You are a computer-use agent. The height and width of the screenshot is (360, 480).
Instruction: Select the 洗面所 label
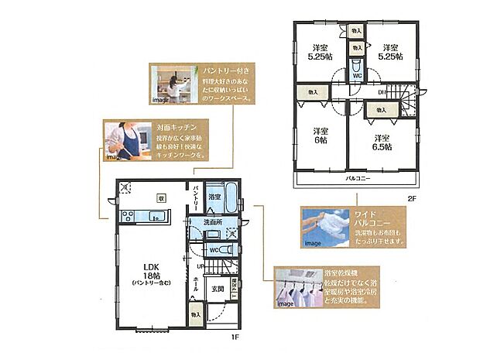pyautogui.click(x=213, y=223)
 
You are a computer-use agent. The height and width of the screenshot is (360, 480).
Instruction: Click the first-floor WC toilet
pyautogui.click(x=225, y=250)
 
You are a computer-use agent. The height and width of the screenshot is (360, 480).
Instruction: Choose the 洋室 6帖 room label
pyautogui.click(x=321, y=135)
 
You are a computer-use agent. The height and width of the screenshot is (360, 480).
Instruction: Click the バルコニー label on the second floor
pyautogui.click(x=357, y=179)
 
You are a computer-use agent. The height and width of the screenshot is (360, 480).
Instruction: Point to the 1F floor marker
pyautogui.click(x=231, y=338)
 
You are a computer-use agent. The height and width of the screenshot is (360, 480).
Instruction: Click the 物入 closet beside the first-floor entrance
pyautogui.click(x=196, y=315)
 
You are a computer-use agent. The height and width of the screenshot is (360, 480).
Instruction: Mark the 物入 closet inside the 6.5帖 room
pyautogui.click(x=382, y=111)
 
